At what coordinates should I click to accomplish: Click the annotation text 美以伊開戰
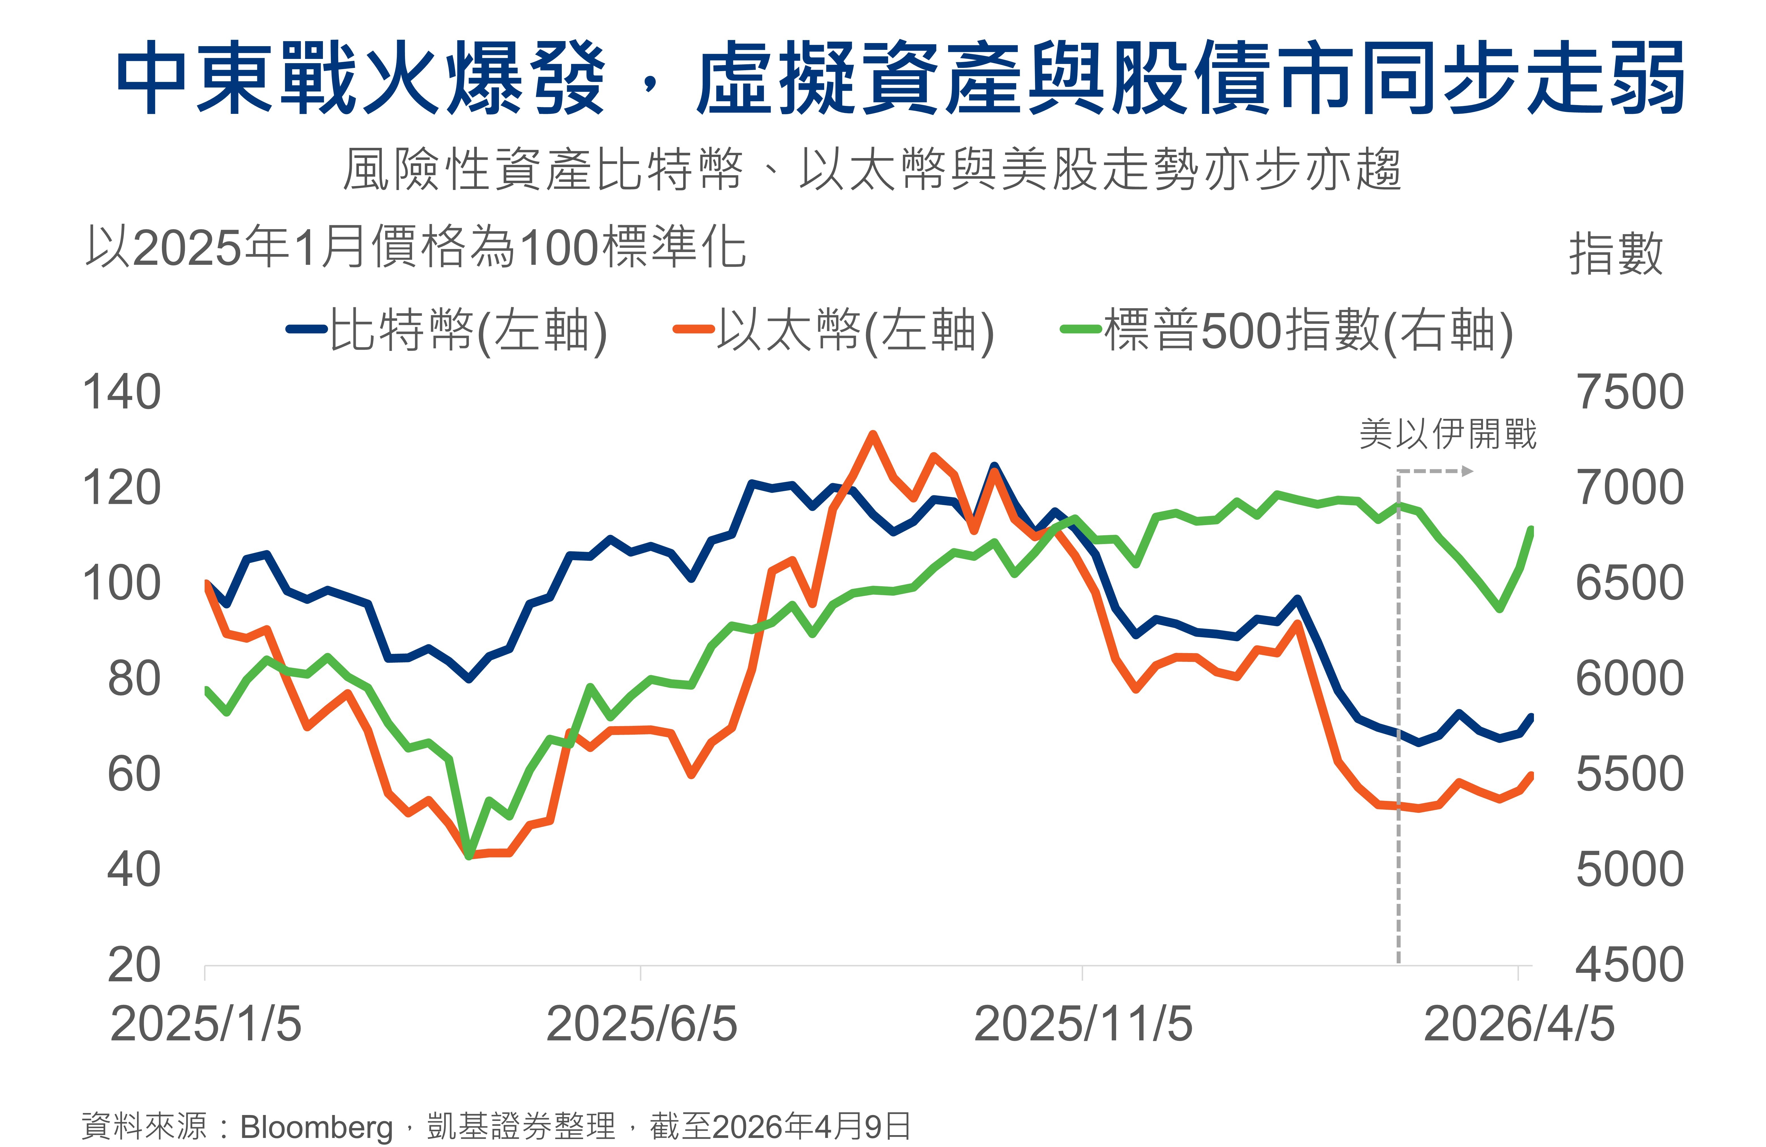pyautogui.click(x=1448, y=434)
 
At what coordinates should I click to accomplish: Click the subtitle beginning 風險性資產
pyautogui.click(x=872, y=169)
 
